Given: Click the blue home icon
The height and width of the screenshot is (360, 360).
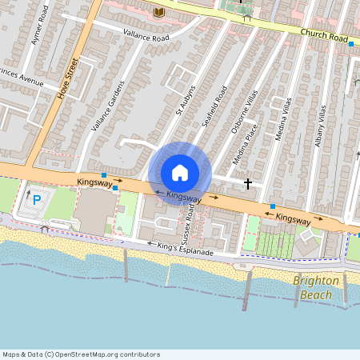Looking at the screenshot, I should tap(180, 173).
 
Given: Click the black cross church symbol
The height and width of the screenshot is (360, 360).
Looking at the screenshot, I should tap(248, 184).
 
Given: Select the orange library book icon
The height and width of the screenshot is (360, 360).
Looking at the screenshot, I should tap(158, 12).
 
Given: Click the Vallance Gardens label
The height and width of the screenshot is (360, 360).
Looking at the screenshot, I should tap(107, 106).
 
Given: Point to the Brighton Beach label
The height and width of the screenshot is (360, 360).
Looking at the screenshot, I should tap(316, 287).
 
